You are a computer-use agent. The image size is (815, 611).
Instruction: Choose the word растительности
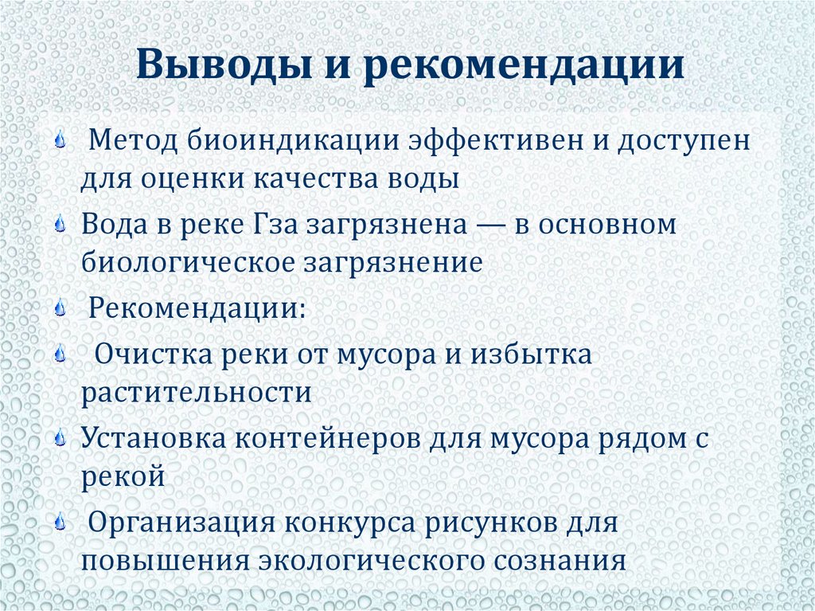(x=195, y=393)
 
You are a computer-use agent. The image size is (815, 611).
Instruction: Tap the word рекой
(x=122, y=477)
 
